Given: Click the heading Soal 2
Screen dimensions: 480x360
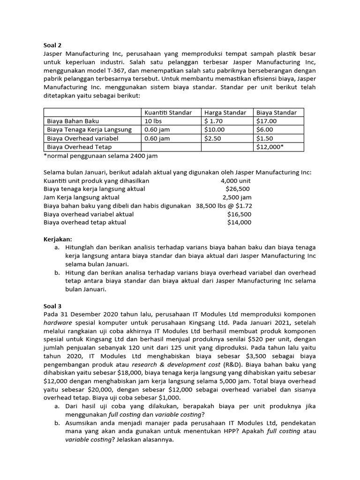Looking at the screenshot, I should click(x=52, y=45).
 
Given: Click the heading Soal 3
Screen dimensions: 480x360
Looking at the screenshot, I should click(x=52, y=306).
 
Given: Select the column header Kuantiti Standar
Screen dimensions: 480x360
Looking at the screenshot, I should click(x=168, y=112).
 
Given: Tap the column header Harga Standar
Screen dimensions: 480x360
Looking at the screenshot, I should click(x=225, y=112).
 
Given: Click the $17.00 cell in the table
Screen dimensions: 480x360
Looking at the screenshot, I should click(x=266, y=121).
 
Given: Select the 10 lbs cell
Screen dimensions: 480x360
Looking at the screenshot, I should click(x=153, y=121).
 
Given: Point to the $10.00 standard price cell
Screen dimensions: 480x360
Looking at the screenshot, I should click(x=214, y=129).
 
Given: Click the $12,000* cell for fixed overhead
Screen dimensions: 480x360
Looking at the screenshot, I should click(x=270, y=147).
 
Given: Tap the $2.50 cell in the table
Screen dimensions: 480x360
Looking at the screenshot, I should click(x=212, y=138).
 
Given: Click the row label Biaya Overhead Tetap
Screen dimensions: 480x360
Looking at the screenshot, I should click(x=76, y=147).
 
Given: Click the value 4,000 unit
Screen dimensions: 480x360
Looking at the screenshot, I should click(x=236, y=180).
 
